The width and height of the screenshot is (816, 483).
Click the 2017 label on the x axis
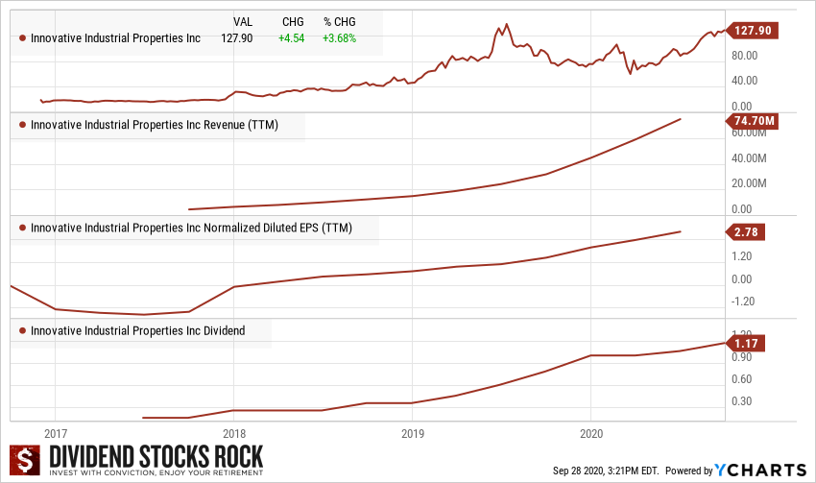pos(55,433)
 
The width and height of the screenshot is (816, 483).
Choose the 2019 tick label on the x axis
pos(412,433)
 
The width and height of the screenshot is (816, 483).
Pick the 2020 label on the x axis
pos(591,433)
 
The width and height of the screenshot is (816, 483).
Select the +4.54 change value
pos(291,38)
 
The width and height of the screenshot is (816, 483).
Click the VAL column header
pos(244,21)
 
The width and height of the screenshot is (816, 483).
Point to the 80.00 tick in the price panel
pos(745,55)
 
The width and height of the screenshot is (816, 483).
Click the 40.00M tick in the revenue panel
pos(749,157)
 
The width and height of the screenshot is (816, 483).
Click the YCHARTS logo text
pos(760,470)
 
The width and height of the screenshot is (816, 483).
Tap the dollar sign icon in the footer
pos(26,460)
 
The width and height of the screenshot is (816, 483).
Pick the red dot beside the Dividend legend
pos(22,331)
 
